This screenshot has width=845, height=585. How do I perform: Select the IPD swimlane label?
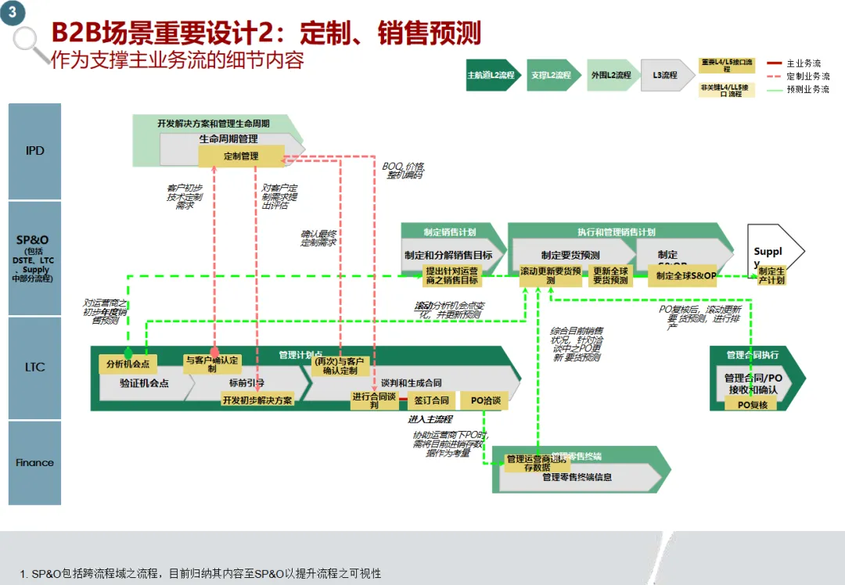coord(34,151)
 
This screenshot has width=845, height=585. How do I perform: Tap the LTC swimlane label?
coord(34,367)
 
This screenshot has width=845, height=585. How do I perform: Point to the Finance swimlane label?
coord(34,462)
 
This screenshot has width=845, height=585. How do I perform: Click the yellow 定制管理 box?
coord(241,156)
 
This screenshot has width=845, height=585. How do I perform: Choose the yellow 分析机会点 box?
coord(128,364)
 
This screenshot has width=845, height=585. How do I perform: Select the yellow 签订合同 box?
coord(431,400)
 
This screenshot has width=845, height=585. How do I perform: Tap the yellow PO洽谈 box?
coord(485,400)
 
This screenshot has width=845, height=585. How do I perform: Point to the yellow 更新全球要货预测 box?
coord(610,275)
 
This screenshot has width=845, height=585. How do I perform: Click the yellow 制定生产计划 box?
coord(771,275)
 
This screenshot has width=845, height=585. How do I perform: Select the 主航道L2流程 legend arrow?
coord(492,75)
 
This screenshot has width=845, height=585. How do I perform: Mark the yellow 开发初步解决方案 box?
coord(257,400)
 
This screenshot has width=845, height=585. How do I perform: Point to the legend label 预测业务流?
coord(807,90)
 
